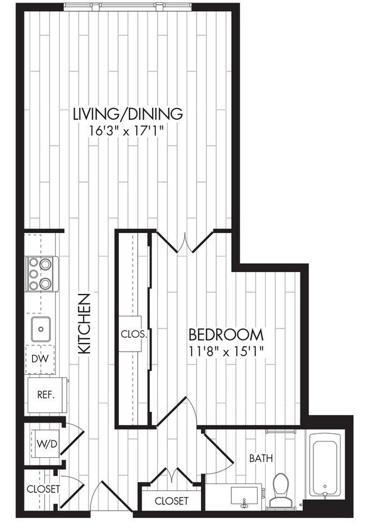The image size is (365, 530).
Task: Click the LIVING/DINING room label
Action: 128,114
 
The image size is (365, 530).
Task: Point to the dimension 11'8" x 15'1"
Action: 226,350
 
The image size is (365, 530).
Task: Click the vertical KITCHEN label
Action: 85,323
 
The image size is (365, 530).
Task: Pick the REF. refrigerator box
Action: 46,395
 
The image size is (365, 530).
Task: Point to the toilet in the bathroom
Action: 281,490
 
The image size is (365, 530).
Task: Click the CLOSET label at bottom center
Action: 171,500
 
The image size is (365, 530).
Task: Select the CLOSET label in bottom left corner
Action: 43,489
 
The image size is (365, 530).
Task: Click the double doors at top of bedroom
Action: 184,242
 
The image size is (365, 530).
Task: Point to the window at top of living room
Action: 127,7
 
